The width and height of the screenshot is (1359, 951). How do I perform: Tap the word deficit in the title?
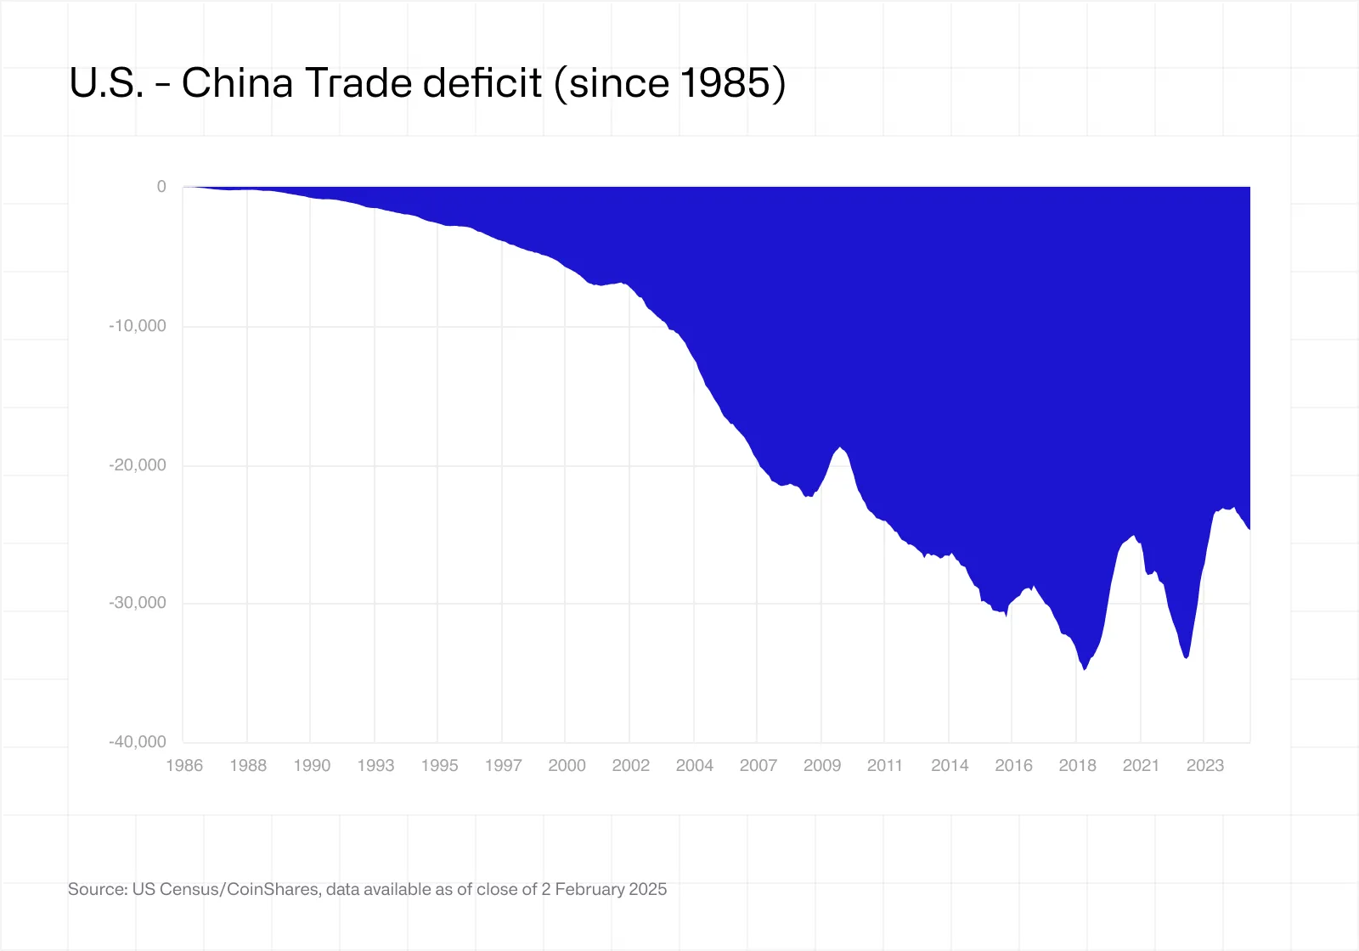(482, 83)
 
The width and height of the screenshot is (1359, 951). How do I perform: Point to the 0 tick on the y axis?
(161, 187)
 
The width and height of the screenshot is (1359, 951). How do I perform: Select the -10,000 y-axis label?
(138, 326)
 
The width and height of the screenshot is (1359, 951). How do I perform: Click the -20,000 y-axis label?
(138, 465)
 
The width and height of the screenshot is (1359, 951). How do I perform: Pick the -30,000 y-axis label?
(138, 603)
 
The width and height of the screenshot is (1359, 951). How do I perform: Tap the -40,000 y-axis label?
(138, 742)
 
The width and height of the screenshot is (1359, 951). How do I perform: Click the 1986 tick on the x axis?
(184, 765)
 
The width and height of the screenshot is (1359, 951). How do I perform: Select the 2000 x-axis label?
(567, 765)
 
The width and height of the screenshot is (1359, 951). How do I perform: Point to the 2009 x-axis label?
(822, 765)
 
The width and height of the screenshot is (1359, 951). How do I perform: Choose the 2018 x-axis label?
(1077, 765)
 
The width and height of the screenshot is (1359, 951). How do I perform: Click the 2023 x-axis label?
(1204, 765)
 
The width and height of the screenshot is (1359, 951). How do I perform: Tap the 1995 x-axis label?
(439, 765)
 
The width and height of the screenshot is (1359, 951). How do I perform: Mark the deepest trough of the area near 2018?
(1085, 669)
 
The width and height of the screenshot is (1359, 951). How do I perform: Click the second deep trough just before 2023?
(1186, 657)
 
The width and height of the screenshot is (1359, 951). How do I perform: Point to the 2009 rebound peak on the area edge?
(840, 447)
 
